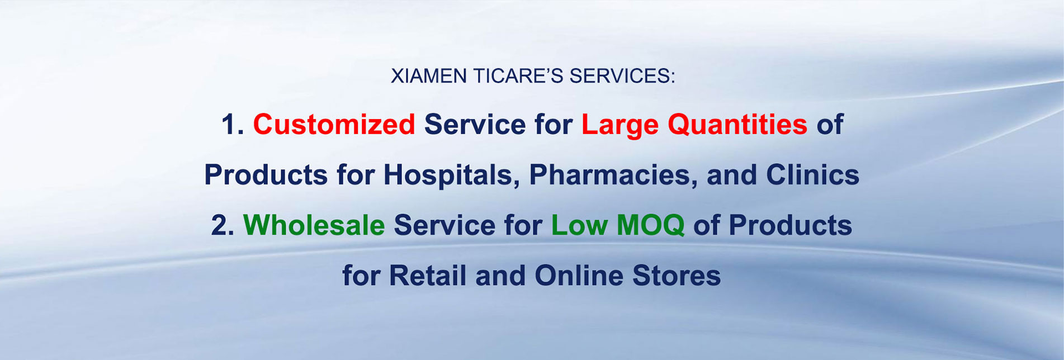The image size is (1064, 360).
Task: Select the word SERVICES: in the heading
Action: click(x=622, y=76)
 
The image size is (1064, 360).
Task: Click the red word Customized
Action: click(x=334, y=124)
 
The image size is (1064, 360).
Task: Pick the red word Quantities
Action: click(x=737, y=124)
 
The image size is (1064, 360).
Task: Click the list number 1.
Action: click(x=230, y=124)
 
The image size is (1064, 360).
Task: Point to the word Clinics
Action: click(x=812, y=175)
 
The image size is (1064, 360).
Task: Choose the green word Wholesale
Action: click(x=314, y=225)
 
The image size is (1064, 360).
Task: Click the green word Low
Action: click(x=579, y=225)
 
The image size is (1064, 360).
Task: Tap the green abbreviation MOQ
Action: click(x=650, y=225)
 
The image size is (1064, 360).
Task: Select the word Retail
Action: click(x=427, y=276)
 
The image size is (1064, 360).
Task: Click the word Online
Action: click(x=579, y=276)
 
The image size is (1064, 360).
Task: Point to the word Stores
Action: click(x=677, y=276)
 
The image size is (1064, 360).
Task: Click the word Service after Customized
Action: click(x=475, y=124)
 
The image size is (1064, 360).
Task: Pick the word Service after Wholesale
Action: click(x=444, y=225)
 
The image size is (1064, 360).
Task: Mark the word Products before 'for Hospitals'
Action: click(x=266, y=175)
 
